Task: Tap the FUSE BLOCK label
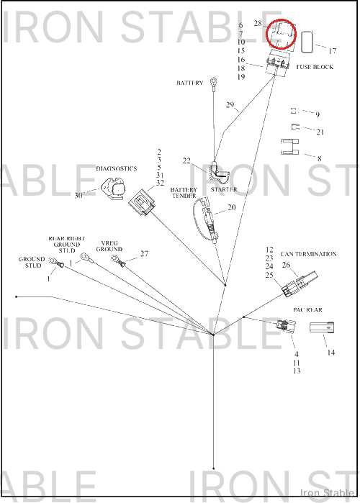pyautogui.click(x=315, y=67)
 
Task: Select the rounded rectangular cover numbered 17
pyautogui.click(x=308, y=42)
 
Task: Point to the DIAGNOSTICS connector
pyautogui.click(x=114, y=189)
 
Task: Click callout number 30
pyautogui.click(x=78, y=195)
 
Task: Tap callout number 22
pyautogui.click(x=186, y=160)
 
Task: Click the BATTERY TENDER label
pyautogui.click(x=184, y=192)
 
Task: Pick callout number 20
pyautogui.click(x=232, y=207)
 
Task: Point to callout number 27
pyautogui.click(x=145, y=253)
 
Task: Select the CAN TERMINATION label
pyautogui.click(x=309, y=254)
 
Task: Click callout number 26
pyautogui.click(x=287, y=265)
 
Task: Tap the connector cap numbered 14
pyautogui.click(x=322, y=328)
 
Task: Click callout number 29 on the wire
pyautogui.click(x=230, y=104)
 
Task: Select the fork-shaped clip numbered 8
pyautogui.click(x=290, y=147)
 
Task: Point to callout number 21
pyautogui.click(x=320, y=132)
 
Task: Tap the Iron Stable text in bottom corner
pyautogui.click(x=328, y=492)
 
